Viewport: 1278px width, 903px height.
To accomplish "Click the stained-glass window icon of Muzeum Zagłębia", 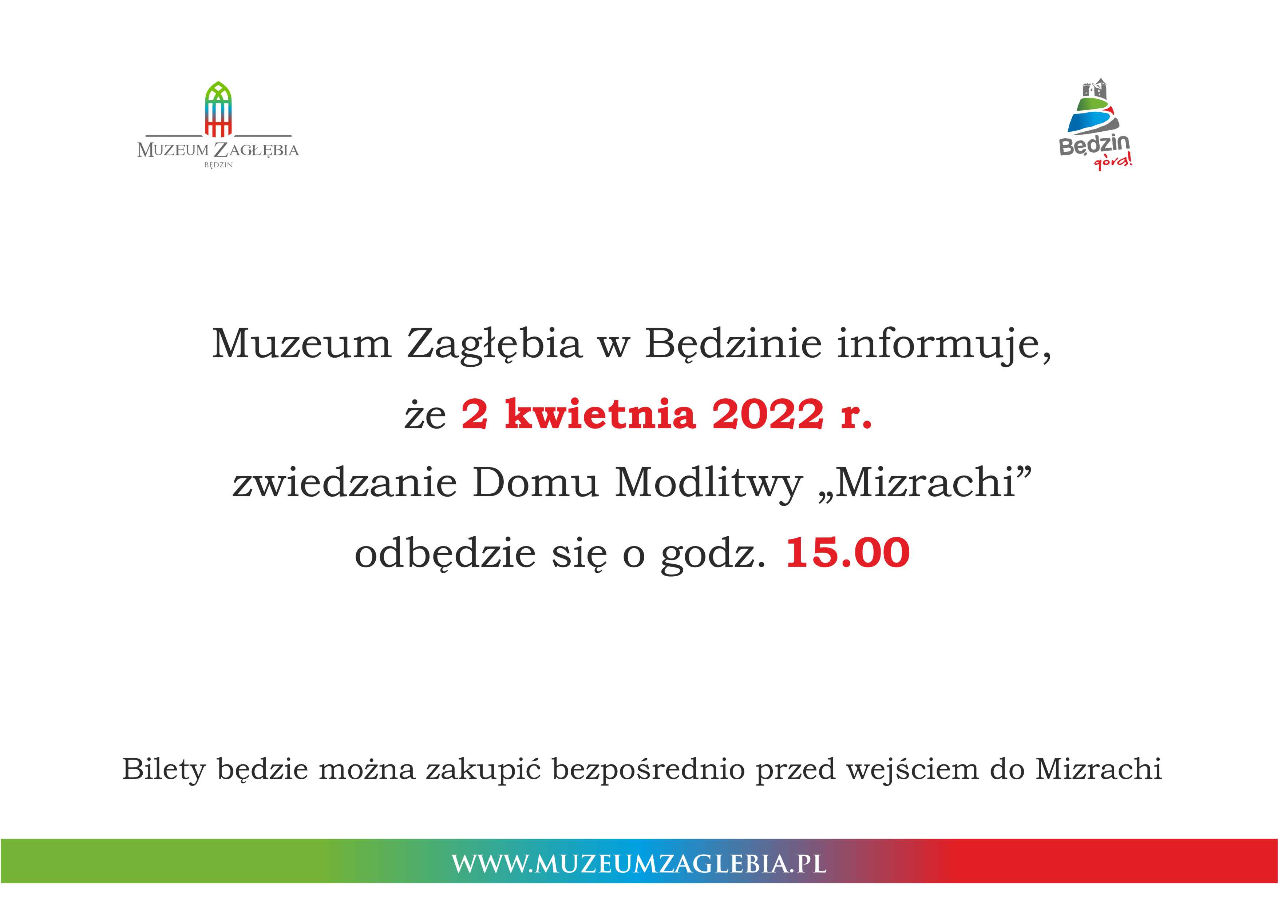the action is coord(218,109).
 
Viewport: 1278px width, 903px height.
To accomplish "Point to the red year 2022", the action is coord(768,415).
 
